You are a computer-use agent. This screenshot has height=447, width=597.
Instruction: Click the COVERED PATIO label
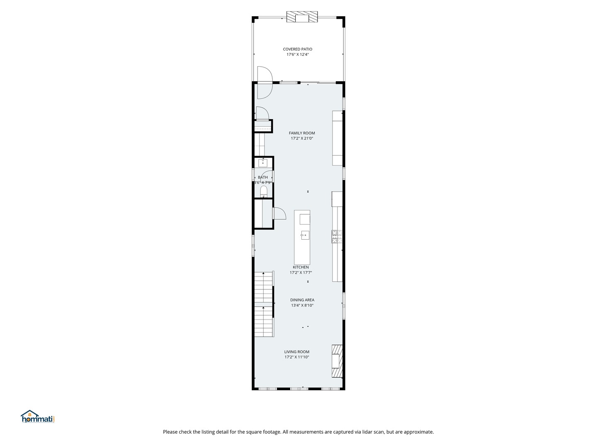(297, 49)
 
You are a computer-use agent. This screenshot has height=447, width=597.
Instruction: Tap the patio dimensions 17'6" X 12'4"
(297, 55)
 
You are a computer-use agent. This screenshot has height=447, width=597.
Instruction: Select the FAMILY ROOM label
(302, 133)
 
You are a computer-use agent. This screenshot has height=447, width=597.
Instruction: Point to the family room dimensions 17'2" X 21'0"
(302, 139)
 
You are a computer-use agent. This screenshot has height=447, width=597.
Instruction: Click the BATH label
(263, 178)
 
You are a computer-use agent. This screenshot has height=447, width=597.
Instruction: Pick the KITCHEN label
(301, 267)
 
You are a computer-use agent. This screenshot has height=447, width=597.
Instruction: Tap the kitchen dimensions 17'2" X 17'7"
(301, 273)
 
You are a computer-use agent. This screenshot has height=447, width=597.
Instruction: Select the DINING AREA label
(302, 300)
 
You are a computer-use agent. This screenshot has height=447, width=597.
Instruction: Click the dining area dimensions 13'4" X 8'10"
(302, 305)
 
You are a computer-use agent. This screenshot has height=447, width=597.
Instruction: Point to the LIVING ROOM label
(296, 352)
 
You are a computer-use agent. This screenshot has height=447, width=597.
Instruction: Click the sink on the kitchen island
(305, 236)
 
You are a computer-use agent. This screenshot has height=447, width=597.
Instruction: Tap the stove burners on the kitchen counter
(337, 236)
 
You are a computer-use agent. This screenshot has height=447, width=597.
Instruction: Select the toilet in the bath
(264, 192)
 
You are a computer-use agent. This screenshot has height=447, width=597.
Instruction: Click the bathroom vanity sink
(263, 163)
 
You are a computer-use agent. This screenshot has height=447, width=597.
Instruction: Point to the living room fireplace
(337, 361)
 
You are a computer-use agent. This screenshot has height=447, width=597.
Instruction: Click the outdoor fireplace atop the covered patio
(302, 17)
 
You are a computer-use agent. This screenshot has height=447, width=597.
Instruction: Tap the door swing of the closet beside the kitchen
(279, 214)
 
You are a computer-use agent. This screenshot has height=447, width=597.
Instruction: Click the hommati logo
(38, 417)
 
